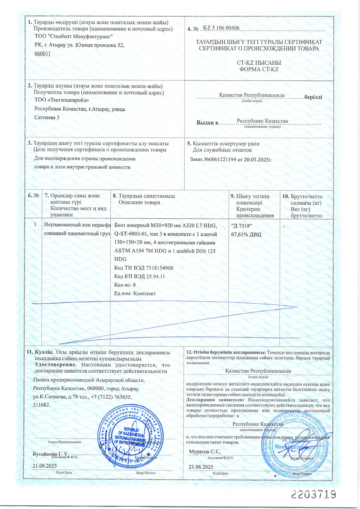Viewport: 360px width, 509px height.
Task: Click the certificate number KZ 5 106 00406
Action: pos(221,28)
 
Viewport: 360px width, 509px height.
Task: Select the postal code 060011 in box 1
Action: pos(43,54)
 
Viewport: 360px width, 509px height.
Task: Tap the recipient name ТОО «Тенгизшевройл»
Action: pos(62,100)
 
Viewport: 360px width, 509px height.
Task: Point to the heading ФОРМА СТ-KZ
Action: pos(259,69)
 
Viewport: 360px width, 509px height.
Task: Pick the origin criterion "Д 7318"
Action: pos(241,226)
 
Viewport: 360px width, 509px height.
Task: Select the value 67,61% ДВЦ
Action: pos(246,234)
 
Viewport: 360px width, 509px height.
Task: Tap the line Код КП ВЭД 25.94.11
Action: pos(139,276)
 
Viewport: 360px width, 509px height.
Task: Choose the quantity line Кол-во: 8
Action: pos(125,285)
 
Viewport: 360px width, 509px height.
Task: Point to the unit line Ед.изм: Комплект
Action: pos(135,293)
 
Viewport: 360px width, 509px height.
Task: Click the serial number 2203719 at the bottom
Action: pos(313,494)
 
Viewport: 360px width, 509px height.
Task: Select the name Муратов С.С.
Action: pos(205,452)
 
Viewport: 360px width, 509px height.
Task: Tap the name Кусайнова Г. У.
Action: pos(51,455)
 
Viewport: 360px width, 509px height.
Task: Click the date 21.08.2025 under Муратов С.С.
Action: pos(201,467)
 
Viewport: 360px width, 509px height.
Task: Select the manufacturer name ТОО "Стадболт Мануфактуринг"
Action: pos(74,37)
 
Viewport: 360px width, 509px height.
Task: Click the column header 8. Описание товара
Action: pos(139,202)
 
